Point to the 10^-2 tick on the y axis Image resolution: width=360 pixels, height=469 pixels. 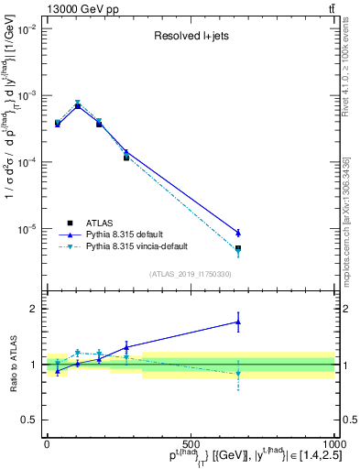(26, 29)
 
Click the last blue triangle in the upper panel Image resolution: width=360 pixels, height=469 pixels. (238, 233)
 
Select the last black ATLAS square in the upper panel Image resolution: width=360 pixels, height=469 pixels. (238, 248)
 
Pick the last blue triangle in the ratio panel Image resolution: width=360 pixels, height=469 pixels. (238, 322)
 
